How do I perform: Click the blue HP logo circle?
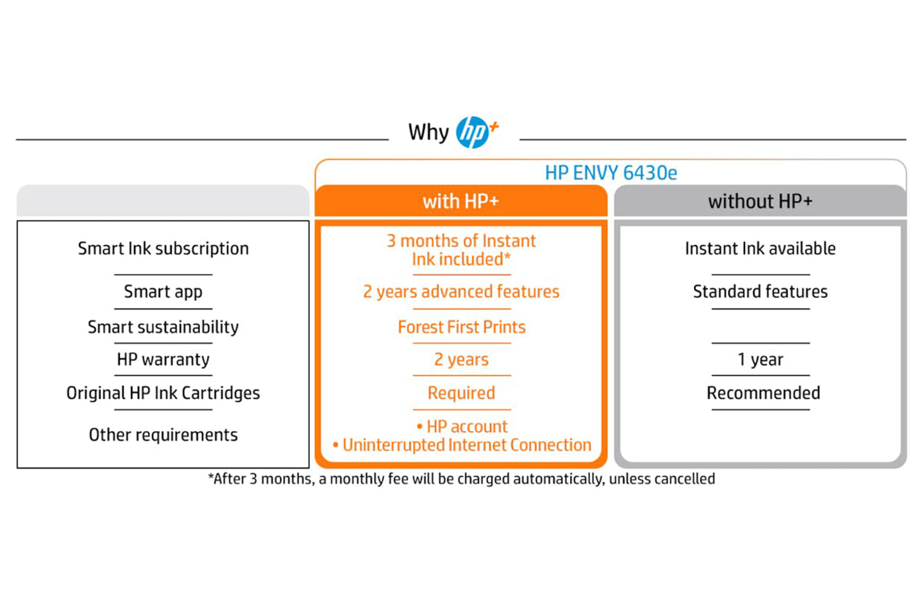472,132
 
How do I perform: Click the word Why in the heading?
428,133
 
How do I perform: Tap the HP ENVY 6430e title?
610,173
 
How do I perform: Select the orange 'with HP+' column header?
461,201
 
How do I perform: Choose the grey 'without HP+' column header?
760,201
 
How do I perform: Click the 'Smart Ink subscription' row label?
163,249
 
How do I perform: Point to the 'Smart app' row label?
163,292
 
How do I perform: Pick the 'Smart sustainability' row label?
163,327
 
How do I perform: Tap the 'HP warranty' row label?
163,360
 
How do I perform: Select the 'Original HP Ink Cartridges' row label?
163,393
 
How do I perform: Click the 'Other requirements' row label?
163,435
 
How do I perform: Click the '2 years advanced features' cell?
461,292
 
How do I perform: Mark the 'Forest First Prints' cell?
461,327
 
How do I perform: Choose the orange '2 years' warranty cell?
461,360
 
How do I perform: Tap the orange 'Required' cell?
461,393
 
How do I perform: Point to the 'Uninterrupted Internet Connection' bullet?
462,445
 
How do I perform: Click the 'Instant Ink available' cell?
760,249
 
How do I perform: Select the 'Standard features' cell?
760,292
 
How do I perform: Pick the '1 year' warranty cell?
760,360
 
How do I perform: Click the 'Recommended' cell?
763,393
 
